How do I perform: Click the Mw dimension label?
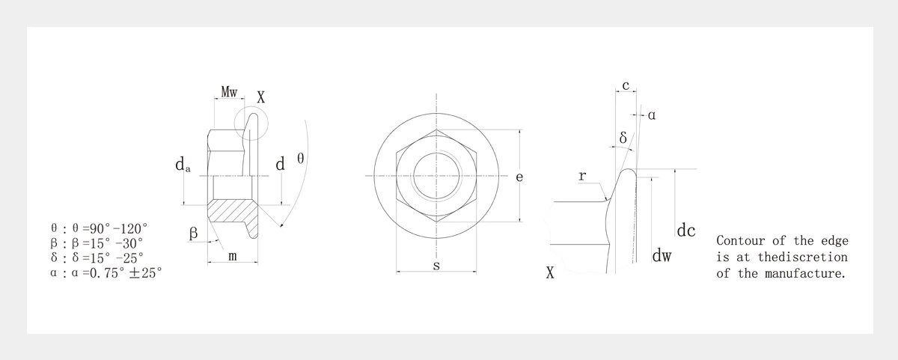228,92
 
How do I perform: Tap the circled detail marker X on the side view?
260,97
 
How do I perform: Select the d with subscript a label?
182,165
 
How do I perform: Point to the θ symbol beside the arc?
300,159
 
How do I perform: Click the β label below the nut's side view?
193,233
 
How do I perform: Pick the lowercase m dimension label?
233,256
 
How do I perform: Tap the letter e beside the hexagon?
519,177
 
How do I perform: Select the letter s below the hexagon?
436,265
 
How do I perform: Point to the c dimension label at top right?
626,85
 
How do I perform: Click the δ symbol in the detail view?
623,138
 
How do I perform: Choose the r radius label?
582,177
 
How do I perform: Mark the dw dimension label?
662,257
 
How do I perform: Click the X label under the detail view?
550,273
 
